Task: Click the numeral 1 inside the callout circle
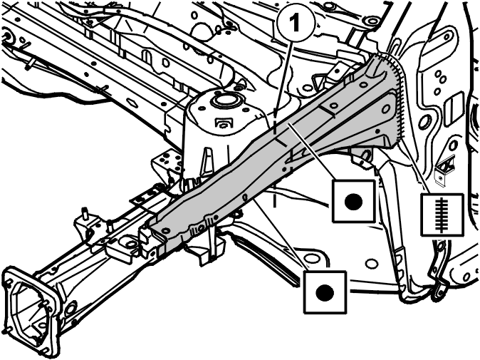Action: pos(294,24)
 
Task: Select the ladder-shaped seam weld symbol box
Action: pos(442,215)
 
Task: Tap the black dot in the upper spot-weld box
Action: pos(353,202)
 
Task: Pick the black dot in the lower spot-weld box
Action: pos(325,292)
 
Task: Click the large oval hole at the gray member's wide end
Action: pos(386,108)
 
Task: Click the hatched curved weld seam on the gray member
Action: pos(397,98)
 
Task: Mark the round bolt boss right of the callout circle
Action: pos(369,21)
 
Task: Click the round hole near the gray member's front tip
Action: pos(167,230)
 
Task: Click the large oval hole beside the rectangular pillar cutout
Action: pos(424,122)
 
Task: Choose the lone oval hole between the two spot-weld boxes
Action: pos(372,264)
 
